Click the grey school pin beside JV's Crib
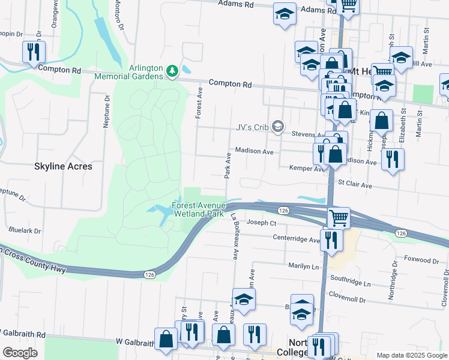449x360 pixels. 277,126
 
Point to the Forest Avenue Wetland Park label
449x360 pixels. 197,209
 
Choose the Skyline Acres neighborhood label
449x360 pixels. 64,166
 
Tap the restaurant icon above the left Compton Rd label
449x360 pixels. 34,52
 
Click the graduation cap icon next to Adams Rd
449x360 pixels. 284,13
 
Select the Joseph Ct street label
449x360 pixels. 261,223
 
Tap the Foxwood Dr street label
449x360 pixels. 421,260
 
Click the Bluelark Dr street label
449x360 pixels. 25,230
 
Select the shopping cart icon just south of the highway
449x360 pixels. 339,217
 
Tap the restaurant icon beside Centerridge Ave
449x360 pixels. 331,239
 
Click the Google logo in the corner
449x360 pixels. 20,353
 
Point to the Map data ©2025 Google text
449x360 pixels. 411,355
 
